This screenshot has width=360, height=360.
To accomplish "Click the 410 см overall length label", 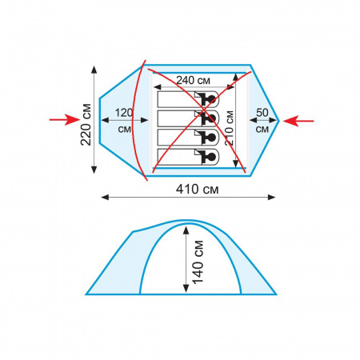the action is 197,189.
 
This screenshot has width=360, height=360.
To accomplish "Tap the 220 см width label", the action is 86,124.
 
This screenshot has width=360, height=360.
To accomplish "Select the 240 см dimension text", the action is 193,80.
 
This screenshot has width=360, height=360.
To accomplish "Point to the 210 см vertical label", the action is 230,128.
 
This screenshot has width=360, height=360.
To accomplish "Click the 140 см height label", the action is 198,262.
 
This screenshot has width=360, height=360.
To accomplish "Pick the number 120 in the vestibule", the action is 124,113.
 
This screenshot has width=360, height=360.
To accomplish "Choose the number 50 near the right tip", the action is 262,113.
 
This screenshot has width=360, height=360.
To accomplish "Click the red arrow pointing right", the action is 65,120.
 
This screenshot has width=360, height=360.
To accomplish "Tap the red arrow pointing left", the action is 298,121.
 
